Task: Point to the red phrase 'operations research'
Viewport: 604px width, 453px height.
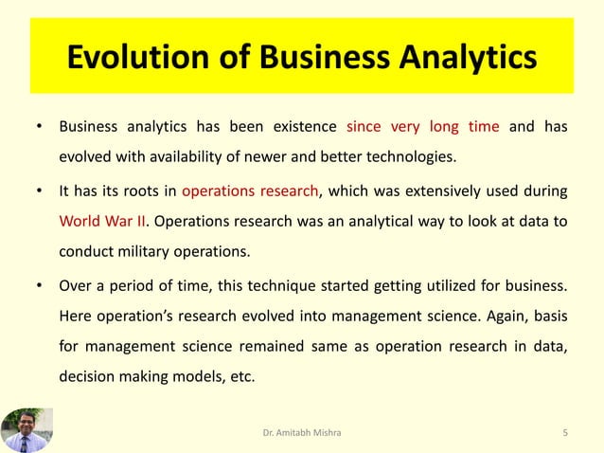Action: pyautogui.click(x=250, y=191)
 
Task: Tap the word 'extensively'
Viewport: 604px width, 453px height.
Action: pyautogui.click(x=426, y=191)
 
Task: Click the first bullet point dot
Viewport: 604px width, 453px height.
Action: pyautogui.click(x=39, y=127)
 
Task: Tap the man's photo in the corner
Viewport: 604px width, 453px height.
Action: pyautogui.click(x=27, y=429)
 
